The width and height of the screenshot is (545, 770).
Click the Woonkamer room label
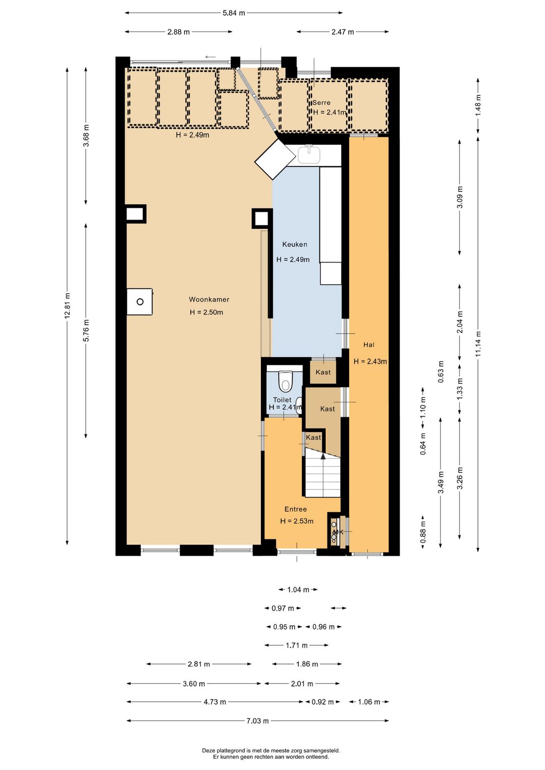click(x=209, y=299)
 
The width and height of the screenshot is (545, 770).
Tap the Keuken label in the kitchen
click(x=294, y=244)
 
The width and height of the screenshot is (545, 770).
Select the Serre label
click(x=321, y=102)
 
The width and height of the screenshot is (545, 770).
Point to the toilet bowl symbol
click(x=285, y=381)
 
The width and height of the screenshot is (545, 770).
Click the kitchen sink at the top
click(x=309, y=154)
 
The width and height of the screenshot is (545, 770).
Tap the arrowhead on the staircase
click(x=323, y=456)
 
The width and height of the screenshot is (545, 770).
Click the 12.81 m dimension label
click(x=68, y=306)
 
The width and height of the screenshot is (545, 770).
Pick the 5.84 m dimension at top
click(x=234, y=13)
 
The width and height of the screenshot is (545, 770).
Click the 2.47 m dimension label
click(x=343, y=32)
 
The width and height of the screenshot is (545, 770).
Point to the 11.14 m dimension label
click(x=478, y=344)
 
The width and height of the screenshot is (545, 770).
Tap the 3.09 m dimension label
click(x=460, y=197)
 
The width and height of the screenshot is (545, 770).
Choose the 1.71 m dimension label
click(x=296, y=645)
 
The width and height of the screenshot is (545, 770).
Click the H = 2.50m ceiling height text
click(x=206, y=312)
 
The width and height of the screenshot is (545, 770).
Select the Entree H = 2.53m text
click(x=296, y=515)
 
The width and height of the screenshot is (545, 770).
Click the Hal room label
click(x=368, y=345)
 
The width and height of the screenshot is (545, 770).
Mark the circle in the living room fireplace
click(x=140, y=302)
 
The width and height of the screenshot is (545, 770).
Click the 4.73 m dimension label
click(x=215, y=702)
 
